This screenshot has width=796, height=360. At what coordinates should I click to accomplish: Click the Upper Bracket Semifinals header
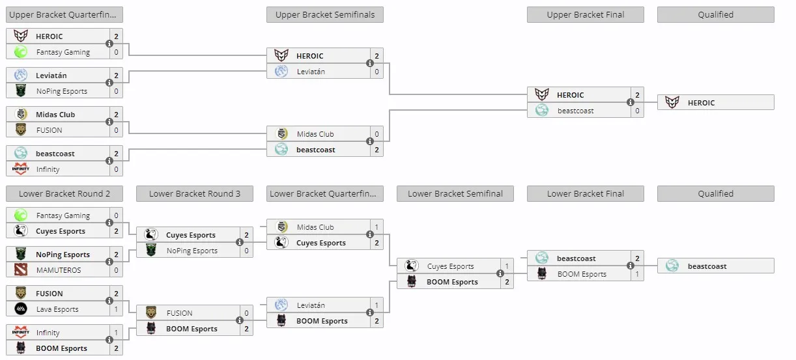pyautogui.click(x=325, y=14)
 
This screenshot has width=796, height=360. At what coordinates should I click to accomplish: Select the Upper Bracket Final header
pyautogui.click(x=585, y=14)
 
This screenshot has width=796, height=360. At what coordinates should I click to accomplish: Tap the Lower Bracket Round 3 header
pyautogui.click(x=195, y=193)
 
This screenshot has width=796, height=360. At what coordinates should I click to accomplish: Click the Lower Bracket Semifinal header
pyautogui.click(x=455, y=193)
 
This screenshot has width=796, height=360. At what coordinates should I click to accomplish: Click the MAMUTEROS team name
pyautogui.click(x=59, y=270)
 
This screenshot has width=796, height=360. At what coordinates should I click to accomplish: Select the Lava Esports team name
pyautogui.click(x=57, y=309)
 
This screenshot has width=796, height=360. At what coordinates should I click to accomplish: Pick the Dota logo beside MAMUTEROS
pyautogui.click(x=21, y=270)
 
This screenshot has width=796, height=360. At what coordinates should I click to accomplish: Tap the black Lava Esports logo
pyautogui.click(x=21, y=309)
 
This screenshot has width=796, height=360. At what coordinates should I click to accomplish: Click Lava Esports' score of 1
pyautogui.click(x=116, y=309)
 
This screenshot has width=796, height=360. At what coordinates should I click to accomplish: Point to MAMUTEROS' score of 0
pyautogui.click(x=116, y=270)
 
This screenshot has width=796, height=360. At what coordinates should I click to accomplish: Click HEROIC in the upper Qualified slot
pyautogui.click(x=701, y=103)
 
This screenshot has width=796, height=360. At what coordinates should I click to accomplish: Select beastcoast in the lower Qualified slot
pyautogui.click(x=707, y=266)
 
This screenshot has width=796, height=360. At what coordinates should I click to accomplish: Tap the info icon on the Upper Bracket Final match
pyautogui.click(x=631, y=102)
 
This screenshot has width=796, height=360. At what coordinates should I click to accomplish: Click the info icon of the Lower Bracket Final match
pyautogui.click(x=631, y=266)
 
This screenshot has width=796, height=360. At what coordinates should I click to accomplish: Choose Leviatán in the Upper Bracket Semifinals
pyautogui.click(x=311, y=72)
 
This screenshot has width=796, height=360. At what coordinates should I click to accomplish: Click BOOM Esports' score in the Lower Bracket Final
pyautogui.click(x=637, y=274)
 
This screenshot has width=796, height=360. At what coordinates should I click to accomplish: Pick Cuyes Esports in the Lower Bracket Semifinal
pyautogui.click(x=451, y=266)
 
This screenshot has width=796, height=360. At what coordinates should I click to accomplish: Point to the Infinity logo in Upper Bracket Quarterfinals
pyautogui.click(x=21, y=169)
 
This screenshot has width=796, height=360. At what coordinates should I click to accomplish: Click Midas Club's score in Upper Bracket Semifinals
pyautogui.click(x=377, y=134)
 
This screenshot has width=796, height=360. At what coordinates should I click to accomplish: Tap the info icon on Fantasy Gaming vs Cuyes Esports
pyautogui.click(x=109, y=223)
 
